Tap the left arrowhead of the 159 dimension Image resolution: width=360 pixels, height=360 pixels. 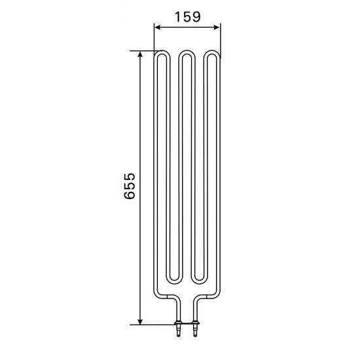pyautogui.click(x=156, y=27)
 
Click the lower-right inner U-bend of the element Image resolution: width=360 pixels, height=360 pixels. pyautogui.click(x=199, y=280)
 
